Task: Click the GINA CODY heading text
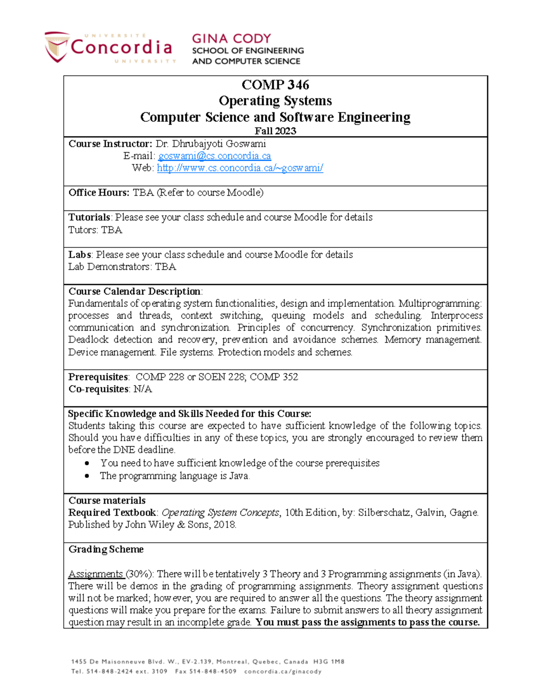(x=231, y=39)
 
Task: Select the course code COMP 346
(x=275, y=85)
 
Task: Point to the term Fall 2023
(x=275, y=131)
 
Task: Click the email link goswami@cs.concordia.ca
(x=214, y=156)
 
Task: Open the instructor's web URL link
(x=240, y=168)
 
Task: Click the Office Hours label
(x=98, y=193)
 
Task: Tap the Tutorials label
(x=89, y=217)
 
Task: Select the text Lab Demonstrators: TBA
(x=122, y=267)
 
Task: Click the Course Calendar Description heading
(x=134, y=291)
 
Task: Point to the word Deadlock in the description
(x=88, y=340)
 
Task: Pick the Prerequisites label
(x=98, y=377)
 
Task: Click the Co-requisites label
(x=98, y=389)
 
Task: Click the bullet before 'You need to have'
(x=87, y=463)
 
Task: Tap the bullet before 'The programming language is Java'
(x=87, y=476)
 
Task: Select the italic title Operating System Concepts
(x=220, y=513)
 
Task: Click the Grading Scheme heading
(x=106, y=549)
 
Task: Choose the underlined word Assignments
(x=96, y=574)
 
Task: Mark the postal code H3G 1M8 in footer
(x=329, y=662)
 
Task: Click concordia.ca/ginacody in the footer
(x=283, y=672)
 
